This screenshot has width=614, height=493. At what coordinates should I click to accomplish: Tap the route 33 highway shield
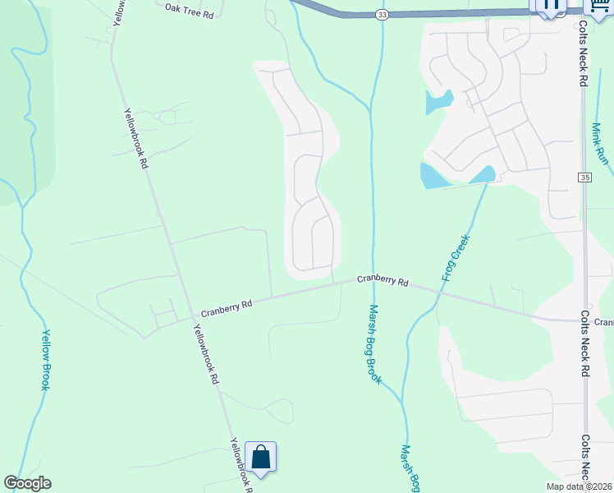tap(383, 15)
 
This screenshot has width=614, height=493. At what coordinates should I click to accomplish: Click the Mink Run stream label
tap(601, 144)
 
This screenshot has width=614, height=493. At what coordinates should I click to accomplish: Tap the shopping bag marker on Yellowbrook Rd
tap(260, 457)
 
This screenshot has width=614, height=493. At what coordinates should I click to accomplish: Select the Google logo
tap(27, 483)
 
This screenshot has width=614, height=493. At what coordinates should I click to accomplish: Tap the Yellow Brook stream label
tap(45, 361)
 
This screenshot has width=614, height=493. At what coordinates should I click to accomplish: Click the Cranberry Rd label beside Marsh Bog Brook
tap(383, 281)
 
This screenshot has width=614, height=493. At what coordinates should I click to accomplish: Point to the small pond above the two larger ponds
tap(438, 102)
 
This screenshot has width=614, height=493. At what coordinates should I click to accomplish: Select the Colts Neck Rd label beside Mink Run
tap(584, 58)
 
